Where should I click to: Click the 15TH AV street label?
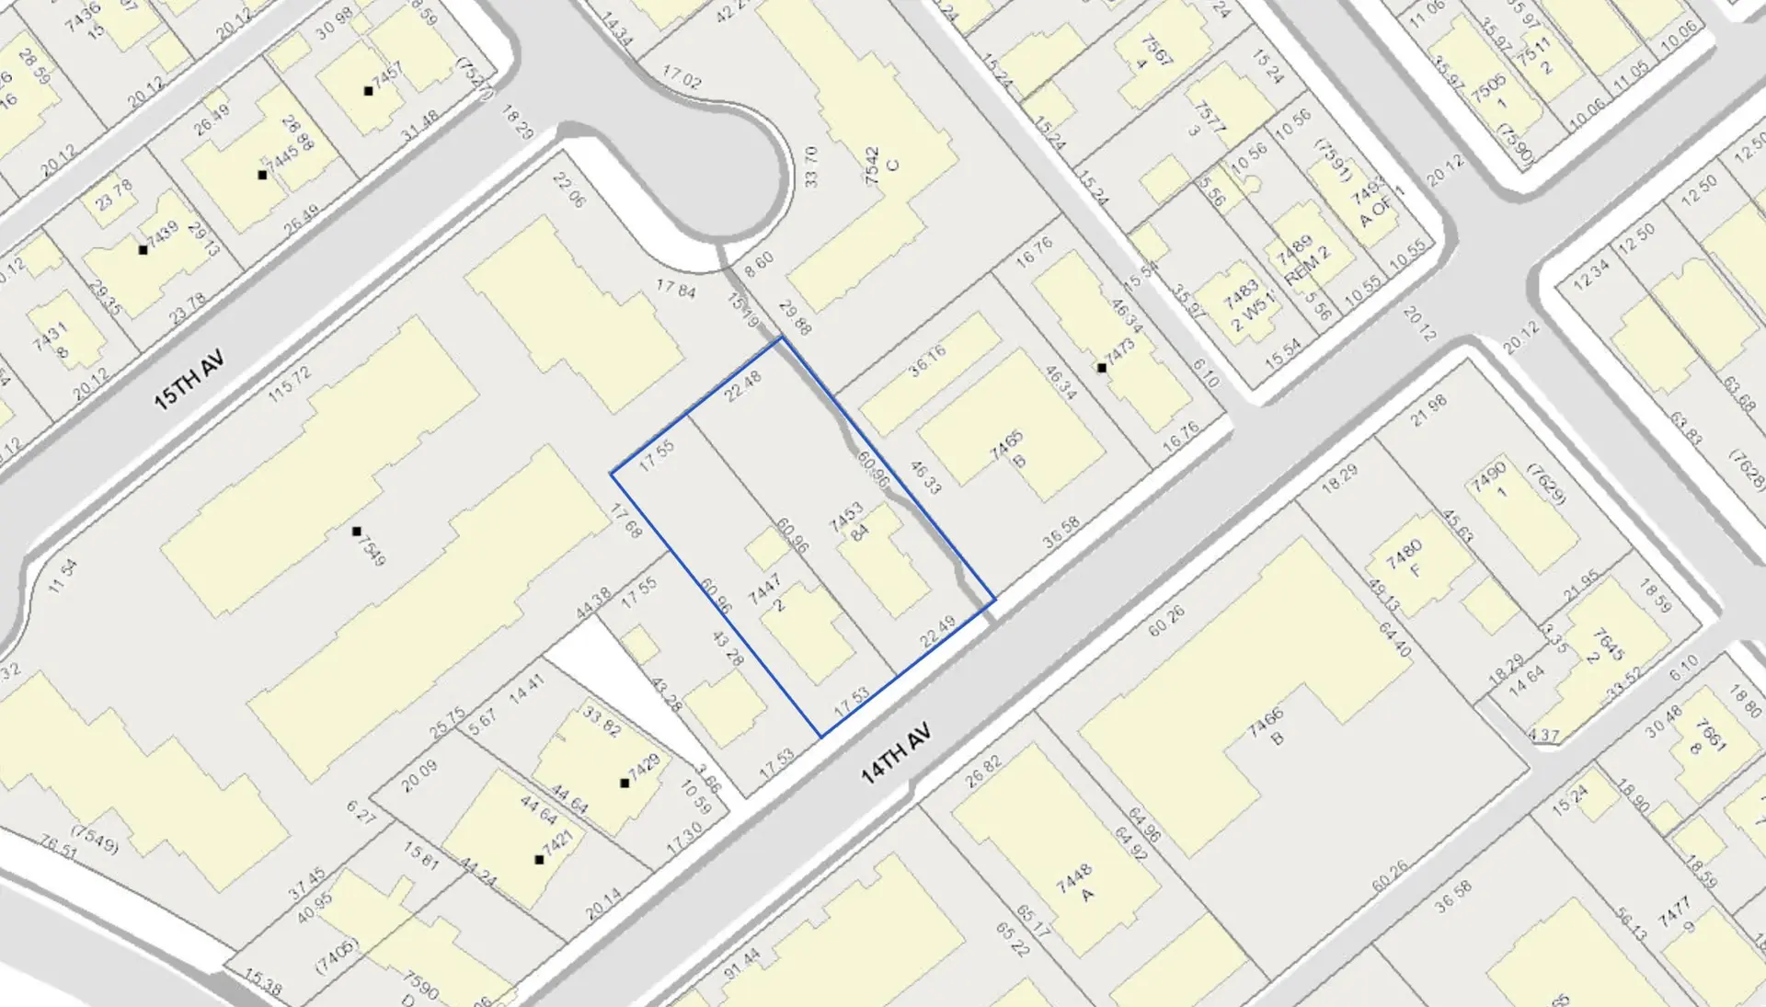point(189,379)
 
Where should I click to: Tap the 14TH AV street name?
point(896,753)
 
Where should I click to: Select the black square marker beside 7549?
point(357,532)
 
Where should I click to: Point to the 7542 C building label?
point(881,166)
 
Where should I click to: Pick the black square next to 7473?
point(1101,368)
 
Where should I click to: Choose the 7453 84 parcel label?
point(851,521)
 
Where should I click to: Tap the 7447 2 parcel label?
point(769,593)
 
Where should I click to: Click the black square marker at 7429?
point(625,783)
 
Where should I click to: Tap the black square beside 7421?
point(539,859)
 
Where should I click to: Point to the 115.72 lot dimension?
point(290,383)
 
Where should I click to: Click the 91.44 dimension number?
point(742,964)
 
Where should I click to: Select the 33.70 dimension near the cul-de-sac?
point(810,166)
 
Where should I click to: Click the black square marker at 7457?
point(368,90)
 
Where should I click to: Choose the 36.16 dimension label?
point(927,361)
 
